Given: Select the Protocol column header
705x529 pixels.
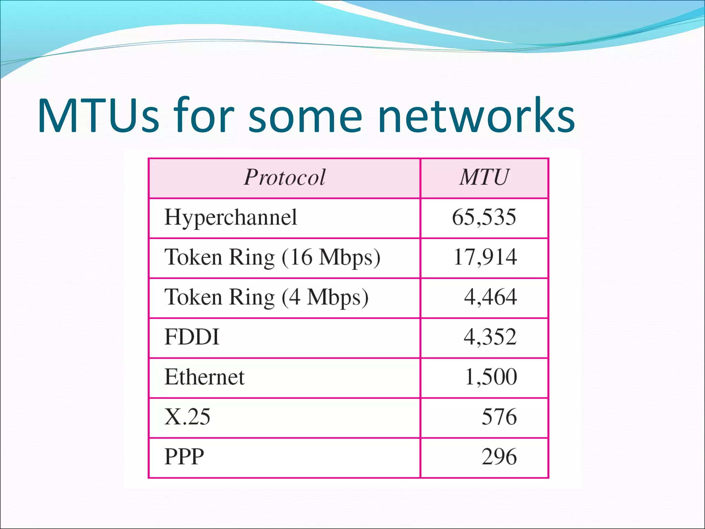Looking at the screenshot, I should tap(284, 178).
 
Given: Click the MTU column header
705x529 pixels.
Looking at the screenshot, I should tap(484, 178).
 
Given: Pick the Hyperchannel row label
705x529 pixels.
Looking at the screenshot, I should tap(231, 218).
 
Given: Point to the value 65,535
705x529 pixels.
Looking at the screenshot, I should tap(484, 218).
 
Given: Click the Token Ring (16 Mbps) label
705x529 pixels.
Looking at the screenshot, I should tap(272, 258).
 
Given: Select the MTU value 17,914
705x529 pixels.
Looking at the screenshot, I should tap(485, 258).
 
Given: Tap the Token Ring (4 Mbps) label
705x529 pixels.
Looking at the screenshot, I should tap(266, 298).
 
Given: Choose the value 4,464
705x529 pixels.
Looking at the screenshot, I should tap(490, 298).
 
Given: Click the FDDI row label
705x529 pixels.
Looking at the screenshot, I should tap(192, 338).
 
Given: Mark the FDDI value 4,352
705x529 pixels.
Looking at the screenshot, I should tap(490, 338).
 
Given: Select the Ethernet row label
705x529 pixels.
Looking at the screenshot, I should tap(204, 377).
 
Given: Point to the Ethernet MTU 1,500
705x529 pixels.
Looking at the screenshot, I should tap(491, 377).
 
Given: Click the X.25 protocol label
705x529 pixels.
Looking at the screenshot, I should tap(187, 417).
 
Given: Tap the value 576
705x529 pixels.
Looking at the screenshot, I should tap(499, 417).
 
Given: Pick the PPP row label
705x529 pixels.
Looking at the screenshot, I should tap(184, 457).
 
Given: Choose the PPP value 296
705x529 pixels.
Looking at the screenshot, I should tap(499, 457).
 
